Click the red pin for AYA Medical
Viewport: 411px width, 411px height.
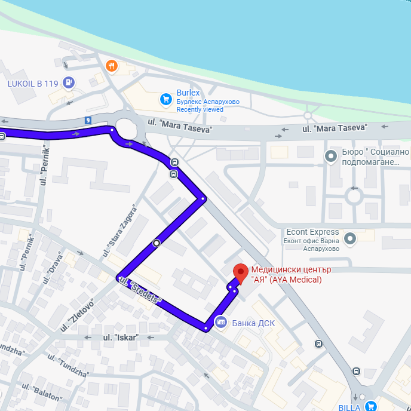(240, 272)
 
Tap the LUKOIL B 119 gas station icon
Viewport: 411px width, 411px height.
(69, 83)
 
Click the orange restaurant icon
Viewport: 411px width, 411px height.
(111, 66)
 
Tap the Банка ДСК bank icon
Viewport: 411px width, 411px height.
(220, 323)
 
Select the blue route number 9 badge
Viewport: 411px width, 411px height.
(88, 120)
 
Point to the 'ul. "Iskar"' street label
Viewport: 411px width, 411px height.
(121, 338)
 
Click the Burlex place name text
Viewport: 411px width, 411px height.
(188, 93)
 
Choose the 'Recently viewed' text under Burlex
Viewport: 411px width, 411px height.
(200, 109)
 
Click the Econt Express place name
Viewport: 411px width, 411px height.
(312, 232)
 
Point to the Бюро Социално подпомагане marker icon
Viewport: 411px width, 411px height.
(332, 157)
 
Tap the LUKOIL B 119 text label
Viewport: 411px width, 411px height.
(33, 84)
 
